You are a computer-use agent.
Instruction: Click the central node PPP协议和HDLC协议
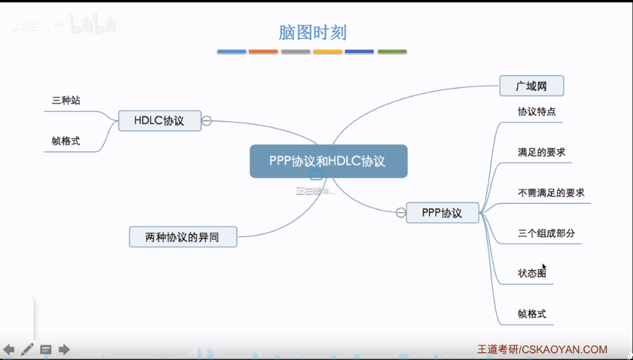click(x=328, y=161)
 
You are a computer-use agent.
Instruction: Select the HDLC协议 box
click(x=160, y=121)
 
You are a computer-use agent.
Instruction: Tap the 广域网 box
click(x=531, y=86)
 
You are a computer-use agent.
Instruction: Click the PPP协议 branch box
click(x=442, y=213)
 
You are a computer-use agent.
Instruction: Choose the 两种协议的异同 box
click(x=183, y=237)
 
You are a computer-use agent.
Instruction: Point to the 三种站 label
click(x=66, y=100)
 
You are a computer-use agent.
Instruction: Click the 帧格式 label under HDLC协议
click(x=66, y=141)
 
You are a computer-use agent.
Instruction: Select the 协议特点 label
click(x=537, y=111)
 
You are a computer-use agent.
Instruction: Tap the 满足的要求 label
click(x=541, y=152)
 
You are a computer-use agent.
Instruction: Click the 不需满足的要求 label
click(x=551, y=193)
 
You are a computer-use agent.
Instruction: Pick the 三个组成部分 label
click(x=546, y=233)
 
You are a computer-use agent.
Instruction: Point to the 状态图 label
click(x=532, y=273)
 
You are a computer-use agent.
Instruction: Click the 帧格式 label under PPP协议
click(x=532, y=314)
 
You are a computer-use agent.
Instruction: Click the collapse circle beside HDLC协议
click(x=207, y=121)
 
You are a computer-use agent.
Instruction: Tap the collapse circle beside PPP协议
click(x=401, y=213)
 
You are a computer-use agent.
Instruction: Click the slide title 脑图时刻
click(x=312, y=32)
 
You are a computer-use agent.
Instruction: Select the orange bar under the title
click(x=264, y=52)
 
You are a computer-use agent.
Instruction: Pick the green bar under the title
click(x=392, y=52)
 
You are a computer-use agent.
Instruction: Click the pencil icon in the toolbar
click(x=27, y=349)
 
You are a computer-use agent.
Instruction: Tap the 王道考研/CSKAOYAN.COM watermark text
click(x=542, y=349)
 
